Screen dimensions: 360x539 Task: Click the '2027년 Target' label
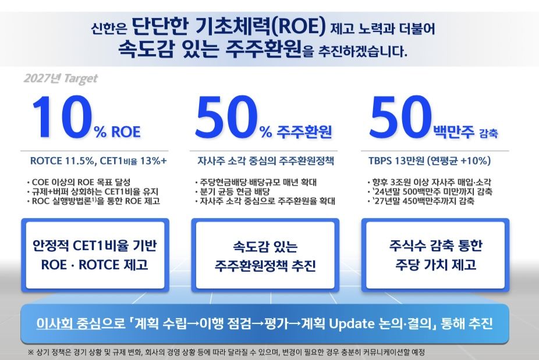coord(61,79)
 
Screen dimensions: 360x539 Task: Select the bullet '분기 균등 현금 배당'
coord(233,192)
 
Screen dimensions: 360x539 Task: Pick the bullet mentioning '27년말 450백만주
coord(421,201)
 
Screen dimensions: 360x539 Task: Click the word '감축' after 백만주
coord(489,133)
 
